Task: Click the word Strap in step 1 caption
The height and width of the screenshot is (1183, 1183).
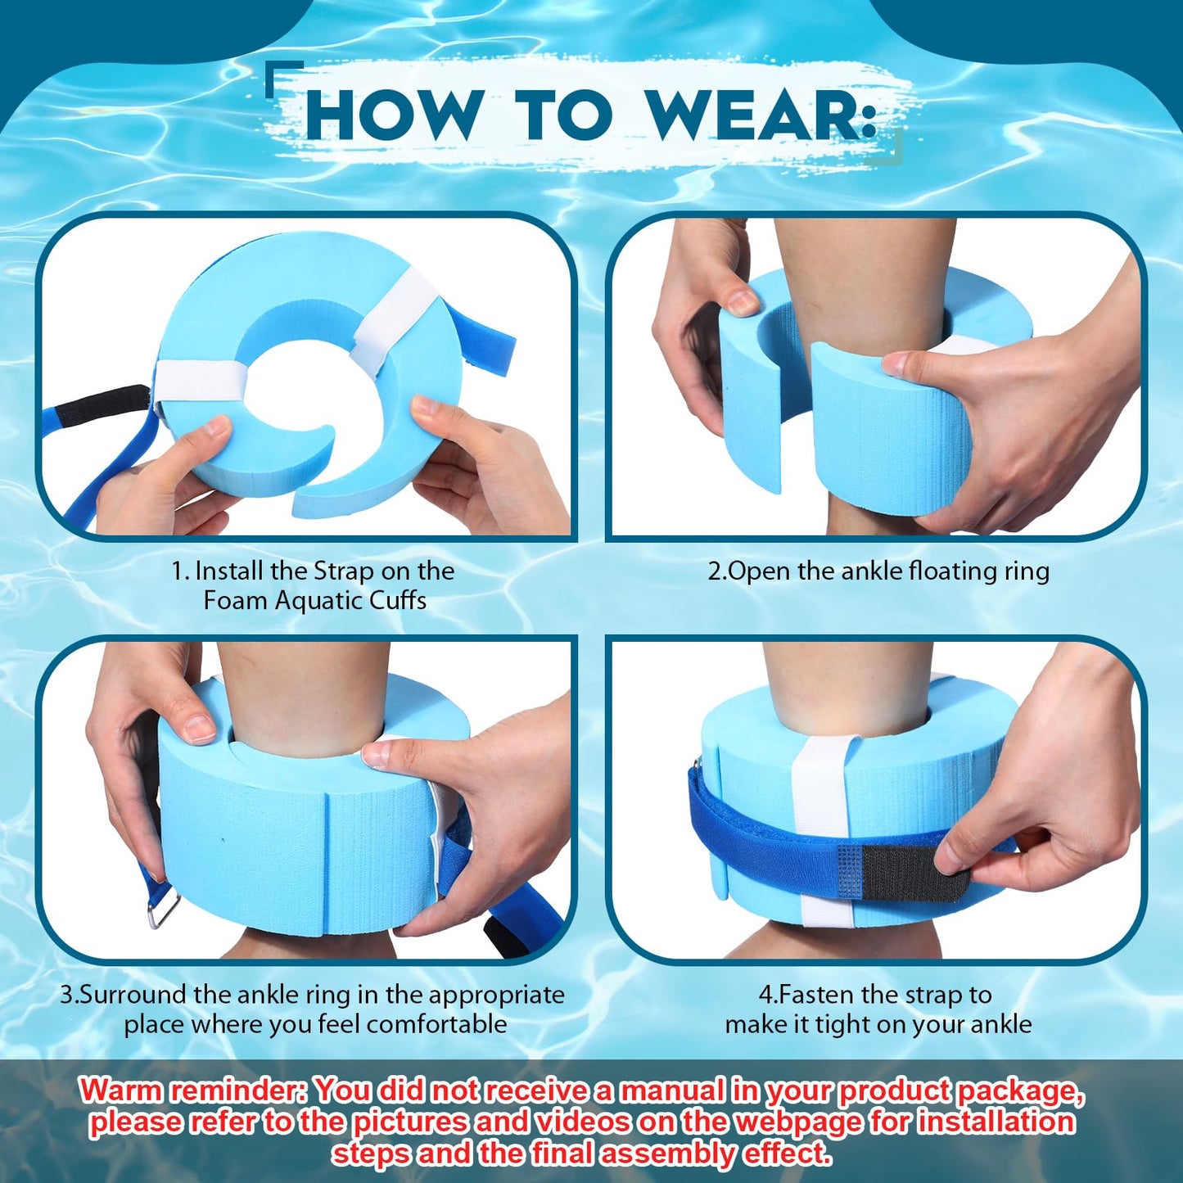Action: (344, 571)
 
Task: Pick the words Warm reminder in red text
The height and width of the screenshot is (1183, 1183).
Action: (193, 1091)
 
